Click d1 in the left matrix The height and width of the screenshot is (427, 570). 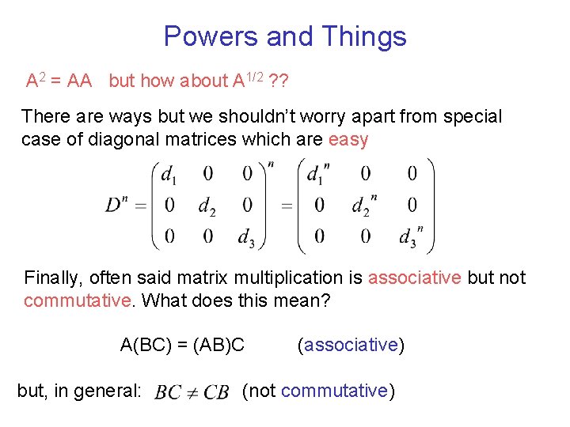pos(169,174)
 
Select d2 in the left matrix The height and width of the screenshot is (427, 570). pos(207,206)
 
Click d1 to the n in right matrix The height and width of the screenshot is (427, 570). pos(319,173)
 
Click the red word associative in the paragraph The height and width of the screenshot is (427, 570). pos(415,278)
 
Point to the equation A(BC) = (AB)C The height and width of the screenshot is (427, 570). pos(182,345)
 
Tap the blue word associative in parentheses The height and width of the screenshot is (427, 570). pos(351,345)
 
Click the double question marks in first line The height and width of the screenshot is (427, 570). pos(278,81)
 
